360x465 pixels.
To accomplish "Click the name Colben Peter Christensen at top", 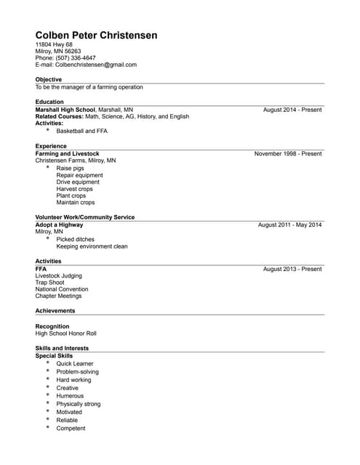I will (x=96, y=36).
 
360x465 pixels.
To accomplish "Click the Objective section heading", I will (x=49, y=79).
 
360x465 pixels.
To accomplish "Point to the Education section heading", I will (x=49, y=102).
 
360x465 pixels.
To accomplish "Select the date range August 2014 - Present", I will (x=292, y=109).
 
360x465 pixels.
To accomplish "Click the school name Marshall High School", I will (x=65, y=109).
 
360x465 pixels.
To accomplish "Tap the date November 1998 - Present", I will (x=288, y=154).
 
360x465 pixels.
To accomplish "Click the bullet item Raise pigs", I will (x=70, y=169).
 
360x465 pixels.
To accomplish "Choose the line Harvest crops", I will (x=74, y=189).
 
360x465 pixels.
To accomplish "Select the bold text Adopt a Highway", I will (x=59, y=225).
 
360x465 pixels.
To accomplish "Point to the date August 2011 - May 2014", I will (x=289, y=225).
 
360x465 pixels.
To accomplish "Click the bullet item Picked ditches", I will (x=75, y=239).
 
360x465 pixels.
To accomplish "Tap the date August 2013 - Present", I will (x=292, y=269).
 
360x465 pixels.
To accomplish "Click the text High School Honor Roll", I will (x=65, y=333).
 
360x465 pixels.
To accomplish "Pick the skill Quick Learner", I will (x=75, y=363).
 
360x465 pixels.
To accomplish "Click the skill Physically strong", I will (x=79, y=404).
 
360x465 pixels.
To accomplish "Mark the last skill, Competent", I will (x=71, y=428).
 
